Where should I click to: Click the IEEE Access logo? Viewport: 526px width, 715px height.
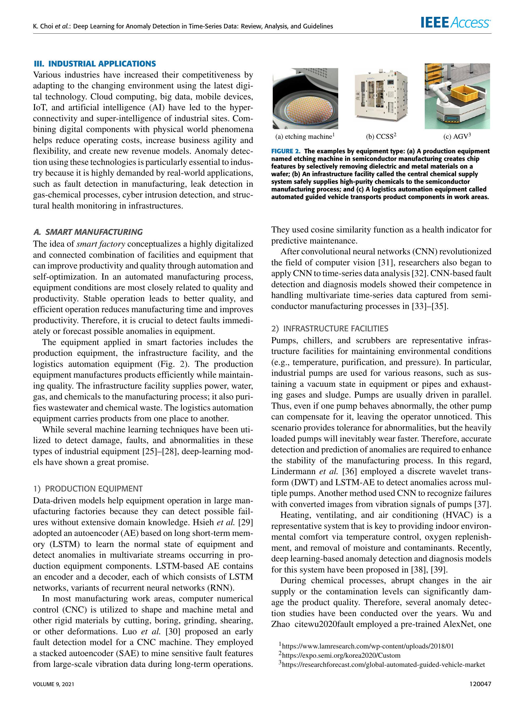(455, 23)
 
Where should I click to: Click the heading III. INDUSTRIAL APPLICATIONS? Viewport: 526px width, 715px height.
(95, 64)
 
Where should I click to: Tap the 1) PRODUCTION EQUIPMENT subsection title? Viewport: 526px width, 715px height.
(88, 489)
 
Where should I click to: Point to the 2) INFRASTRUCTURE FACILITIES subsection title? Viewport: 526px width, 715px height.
(330, 328)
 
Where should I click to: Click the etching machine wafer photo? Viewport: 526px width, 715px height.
(305, 99)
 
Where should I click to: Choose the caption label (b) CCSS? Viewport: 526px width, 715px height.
(381, 136)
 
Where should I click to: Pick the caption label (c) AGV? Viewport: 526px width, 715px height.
(457, 136)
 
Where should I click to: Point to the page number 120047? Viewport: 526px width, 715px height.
(481, 684)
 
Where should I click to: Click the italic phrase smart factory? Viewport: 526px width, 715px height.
(101, 244)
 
